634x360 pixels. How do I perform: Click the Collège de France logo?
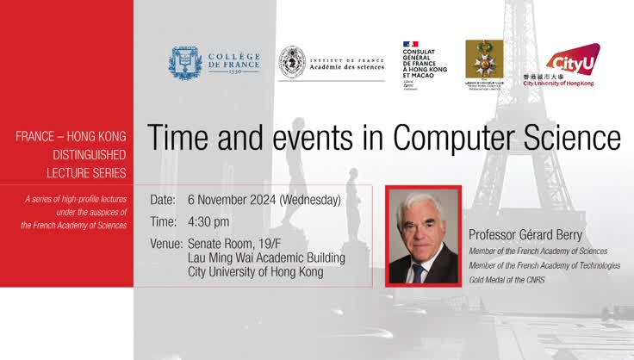tap(213, 62)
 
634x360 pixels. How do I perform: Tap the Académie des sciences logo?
tap(331, 63)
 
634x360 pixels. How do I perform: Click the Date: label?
tap(163, 200)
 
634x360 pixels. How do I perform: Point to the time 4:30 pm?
tap(208, 221)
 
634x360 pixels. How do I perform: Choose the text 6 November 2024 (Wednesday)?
tap(264, 200)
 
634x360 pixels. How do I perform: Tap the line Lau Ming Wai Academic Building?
tap(266, 258)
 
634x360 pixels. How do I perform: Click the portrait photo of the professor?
tap(423, 236)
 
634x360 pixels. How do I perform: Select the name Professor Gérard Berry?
tap(526, 234)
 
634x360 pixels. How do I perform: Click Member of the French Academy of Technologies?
tap(544, 265)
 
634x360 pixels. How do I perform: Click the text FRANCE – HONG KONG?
tap(71, 136)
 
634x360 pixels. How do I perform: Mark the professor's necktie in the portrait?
tap(419, 273)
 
